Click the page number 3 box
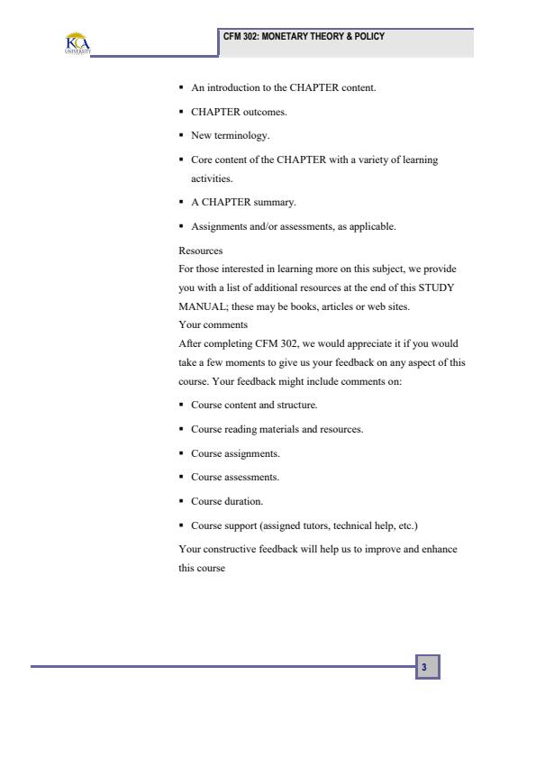click(x=426, y=668)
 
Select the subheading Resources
click(x=200, y=251)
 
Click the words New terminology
click(x=224, y=136)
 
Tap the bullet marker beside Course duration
click(x=181, y=500)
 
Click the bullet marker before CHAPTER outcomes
click(x=181, y=113)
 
